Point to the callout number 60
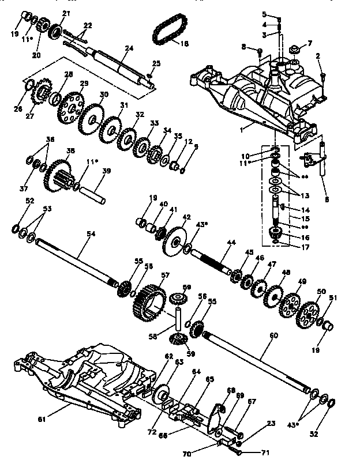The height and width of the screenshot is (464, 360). point(273,335)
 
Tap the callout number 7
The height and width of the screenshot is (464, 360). point(310,43)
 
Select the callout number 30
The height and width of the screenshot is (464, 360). point(104,95)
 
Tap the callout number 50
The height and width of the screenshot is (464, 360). point(321,292)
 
